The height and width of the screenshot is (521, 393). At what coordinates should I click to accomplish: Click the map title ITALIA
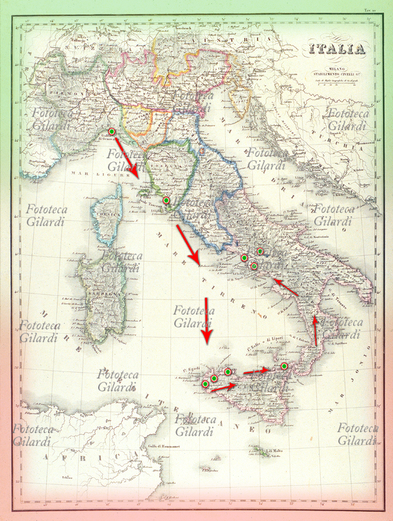click(337, 49)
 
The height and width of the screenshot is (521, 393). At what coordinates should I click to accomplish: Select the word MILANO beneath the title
click(336, 64)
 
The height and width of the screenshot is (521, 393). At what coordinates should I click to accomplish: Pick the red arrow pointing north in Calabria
click(316, 329)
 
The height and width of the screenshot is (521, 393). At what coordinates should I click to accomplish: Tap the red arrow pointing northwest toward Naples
click(286, 289)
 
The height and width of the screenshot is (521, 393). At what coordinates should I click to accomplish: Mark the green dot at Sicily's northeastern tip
click(284, 367)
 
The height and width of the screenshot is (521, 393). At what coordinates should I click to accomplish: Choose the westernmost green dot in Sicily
click(205, 384)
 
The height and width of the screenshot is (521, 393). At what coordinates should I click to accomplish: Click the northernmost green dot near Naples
click(260, 251)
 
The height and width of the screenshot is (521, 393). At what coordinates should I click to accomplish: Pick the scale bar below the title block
click(337, 83)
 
